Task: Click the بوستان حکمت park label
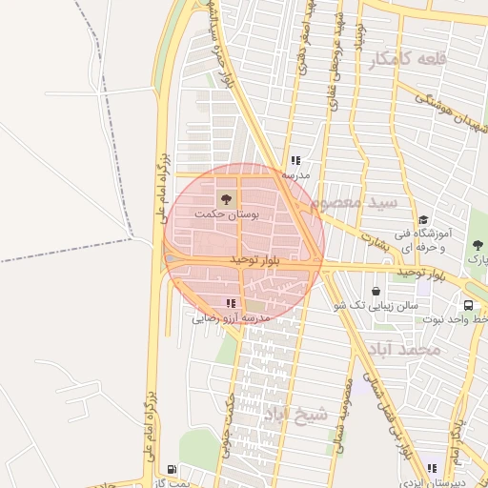(227, 215)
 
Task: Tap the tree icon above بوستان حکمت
(227, 199)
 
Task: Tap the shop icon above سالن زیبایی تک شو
(377, 291)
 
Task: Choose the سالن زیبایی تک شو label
(376, 306)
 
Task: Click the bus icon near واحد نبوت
(468, 305)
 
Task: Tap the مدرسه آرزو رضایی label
(233, 316)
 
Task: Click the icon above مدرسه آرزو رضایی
(231, 303)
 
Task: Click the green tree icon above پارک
(477, 245)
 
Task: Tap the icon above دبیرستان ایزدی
(432, 468)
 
